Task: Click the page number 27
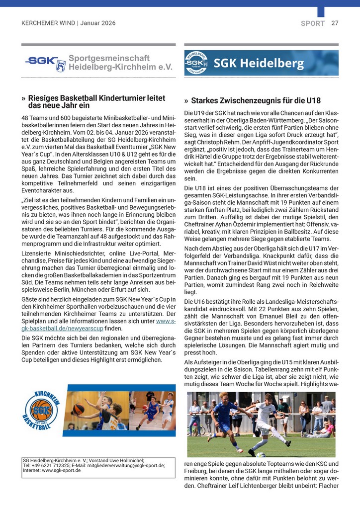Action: (335, 23)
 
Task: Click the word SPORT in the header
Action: (313, 23)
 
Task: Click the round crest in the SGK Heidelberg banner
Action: (197, 63)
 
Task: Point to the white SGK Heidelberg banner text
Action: (259, 64)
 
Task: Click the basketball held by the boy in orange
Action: (79, 409)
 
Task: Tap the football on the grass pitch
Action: (261, 454)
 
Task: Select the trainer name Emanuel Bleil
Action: (271, 317)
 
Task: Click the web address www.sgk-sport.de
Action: (61, 470)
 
